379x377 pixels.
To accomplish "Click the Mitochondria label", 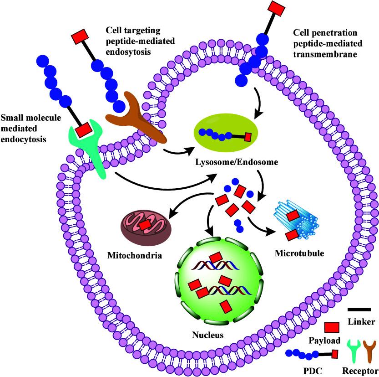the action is click(135, 255).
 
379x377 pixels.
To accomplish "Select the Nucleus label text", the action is click(207, 335).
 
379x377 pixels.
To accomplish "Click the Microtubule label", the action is click(299, 253).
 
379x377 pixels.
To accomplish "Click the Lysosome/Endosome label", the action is click(237, 162).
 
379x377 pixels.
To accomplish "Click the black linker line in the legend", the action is click(359, 310).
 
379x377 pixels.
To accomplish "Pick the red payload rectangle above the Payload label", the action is click(332, 328).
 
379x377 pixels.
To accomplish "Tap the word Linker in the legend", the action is click(361, 321).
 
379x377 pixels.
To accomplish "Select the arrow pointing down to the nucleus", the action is click(209, 220).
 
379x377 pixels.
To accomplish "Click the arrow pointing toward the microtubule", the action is click(260, 227).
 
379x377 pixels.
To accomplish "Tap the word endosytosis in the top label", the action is click(128, 52).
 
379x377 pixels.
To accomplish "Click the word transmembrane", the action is click(325, 54).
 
